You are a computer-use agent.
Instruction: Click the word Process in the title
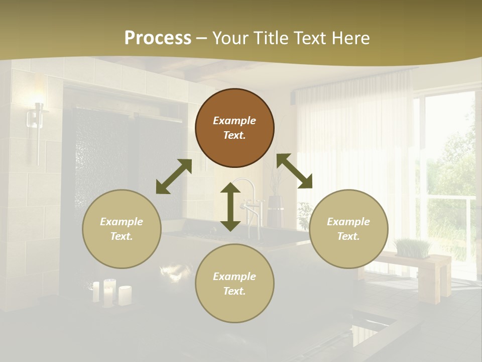point(158,38)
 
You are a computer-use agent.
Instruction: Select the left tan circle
point(122,251)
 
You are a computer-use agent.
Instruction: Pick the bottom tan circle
point(234,306)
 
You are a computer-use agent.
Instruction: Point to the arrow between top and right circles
point(294,171)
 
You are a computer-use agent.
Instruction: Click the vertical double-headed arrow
point(230,207)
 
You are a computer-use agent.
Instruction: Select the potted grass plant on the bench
point(413,247)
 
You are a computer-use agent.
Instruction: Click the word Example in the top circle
point(234,121)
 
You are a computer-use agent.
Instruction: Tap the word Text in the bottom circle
point(234,291)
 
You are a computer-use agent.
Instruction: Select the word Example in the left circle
point(122,222)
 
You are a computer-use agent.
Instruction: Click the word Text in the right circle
point(348,236)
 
